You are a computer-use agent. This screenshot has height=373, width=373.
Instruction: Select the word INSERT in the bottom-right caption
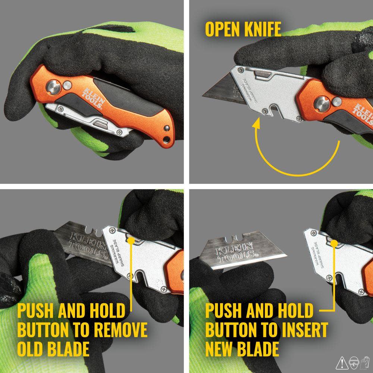[302, 330]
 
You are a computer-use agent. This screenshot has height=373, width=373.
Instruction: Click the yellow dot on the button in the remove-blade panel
[131, 241]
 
